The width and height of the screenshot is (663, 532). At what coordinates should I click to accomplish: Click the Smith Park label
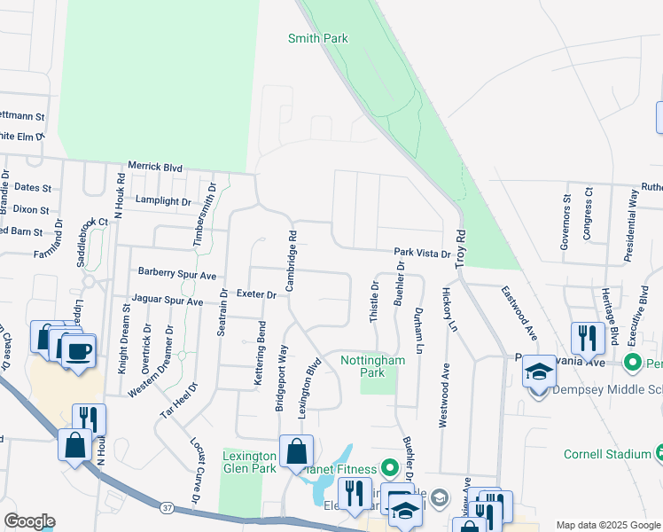317,38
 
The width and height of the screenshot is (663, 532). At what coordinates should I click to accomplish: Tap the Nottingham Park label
372,366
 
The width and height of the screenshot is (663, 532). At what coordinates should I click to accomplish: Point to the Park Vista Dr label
423,254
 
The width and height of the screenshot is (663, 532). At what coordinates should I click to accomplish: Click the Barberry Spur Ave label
177,275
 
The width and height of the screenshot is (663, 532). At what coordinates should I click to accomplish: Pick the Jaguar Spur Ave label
168,301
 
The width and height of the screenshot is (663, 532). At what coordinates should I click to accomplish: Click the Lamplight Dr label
163,201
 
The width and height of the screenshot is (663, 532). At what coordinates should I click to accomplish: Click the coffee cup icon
78,350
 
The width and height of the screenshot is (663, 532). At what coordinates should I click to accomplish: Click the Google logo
29,521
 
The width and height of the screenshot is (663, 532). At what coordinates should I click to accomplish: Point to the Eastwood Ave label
519,313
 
